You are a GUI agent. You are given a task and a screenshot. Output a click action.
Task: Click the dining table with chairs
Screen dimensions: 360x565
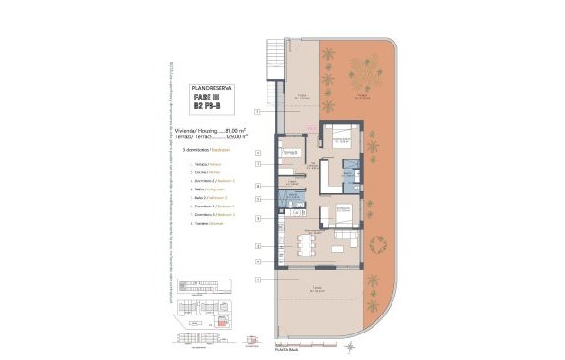[305, 244]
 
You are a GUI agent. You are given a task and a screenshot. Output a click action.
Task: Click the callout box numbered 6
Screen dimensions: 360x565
[258, 152]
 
